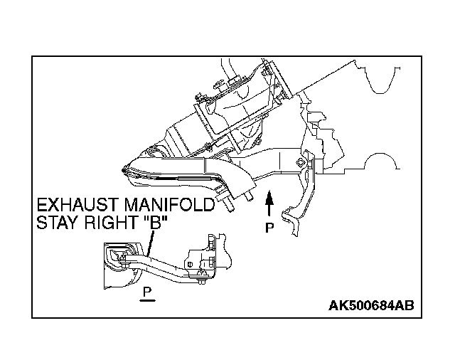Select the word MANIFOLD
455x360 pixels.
pos(171,206)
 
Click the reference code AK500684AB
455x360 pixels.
pos(370,306)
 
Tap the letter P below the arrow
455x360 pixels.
pos(269,228)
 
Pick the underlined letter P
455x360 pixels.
pos(147,292)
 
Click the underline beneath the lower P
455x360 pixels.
pos(147,300)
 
